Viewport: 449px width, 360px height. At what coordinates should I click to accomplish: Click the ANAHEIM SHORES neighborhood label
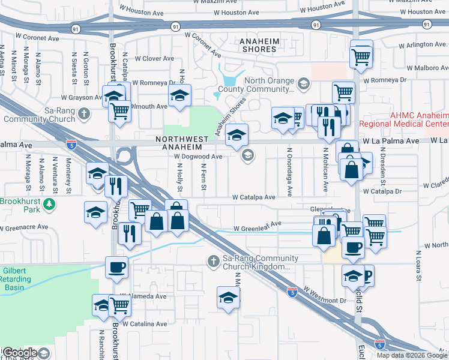pos(258,44)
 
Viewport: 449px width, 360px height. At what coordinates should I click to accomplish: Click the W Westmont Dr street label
pos(325,295)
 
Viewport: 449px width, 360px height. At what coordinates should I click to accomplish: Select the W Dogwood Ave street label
pos(198,157)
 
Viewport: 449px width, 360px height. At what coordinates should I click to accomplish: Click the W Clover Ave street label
pos(154,59)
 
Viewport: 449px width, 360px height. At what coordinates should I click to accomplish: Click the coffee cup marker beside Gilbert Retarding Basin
pos(116,266)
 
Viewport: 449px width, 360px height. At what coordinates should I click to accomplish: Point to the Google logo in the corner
pos(19,353)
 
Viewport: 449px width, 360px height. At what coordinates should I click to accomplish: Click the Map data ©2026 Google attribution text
pos(411,355)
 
